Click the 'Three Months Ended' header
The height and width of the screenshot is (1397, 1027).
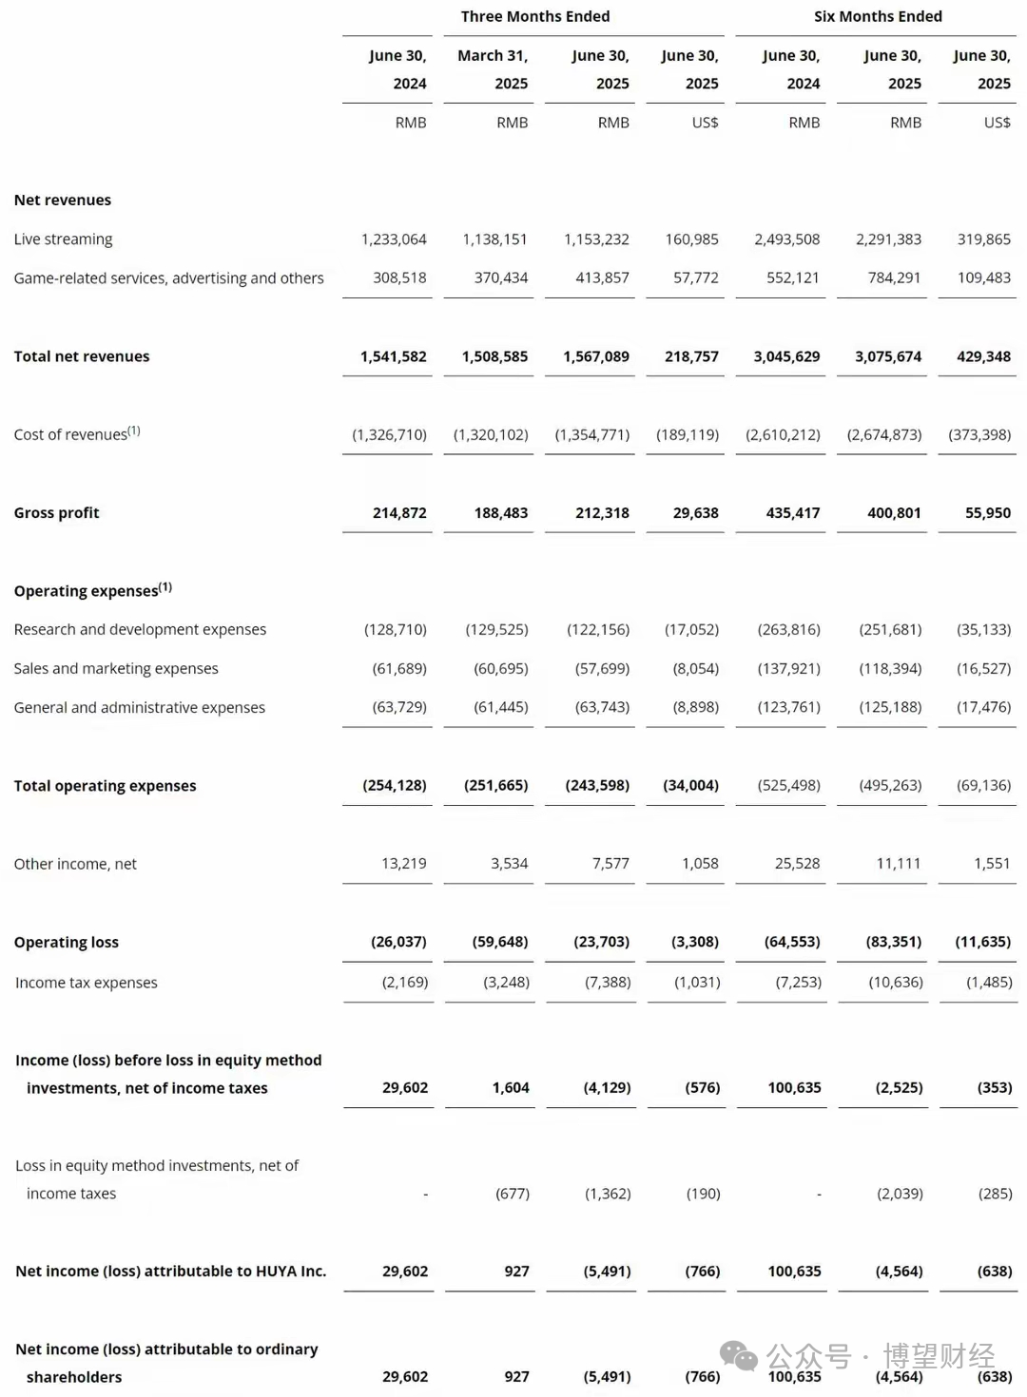click(535, 16)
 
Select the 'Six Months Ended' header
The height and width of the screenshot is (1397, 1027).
click(878, 16)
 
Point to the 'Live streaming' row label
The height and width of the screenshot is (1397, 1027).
click(63, 239)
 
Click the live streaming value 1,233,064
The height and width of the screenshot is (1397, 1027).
click(394, 239)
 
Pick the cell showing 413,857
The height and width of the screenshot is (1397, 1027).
click(602, 278)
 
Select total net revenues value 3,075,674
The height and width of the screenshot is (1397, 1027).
click(888, 356)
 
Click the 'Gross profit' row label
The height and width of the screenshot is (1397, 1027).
click(56, 513)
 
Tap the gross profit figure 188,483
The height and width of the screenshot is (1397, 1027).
click(501, 513)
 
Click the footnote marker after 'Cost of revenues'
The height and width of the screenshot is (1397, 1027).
click(134, 431)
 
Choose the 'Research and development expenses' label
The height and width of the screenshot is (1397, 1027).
click(140, 630)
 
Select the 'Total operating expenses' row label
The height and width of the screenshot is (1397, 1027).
click(105, 786)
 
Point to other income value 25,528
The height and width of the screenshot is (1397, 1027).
click(797, 864)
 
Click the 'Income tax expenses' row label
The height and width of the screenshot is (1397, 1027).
click(87, 983)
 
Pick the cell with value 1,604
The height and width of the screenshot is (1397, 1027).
click(511, 1088)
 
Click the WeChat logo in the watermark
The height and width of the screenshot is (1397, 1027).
click(738, 1356)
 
